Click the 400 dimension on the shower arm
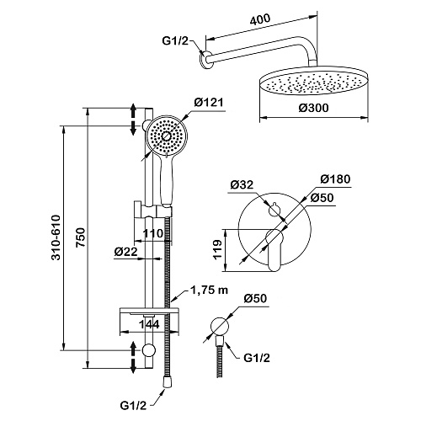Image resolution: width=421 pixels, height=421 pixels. coord(260,19)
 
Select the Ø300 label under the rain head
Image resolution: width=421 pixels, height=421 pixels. coord(313,108)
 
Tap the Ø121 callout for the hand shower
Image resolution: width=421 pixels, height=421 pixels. coord(209,102)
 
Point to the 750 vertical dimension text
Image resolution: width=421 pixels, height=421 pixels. coord(81,237)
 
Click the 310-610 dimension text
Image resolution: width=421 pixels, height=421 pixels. coord(56,237)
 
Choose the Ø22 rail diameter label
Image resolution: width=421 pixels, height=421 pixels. coord(125,252)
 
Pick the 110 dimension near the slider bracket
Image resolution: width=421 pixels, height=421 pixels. coord(153,233)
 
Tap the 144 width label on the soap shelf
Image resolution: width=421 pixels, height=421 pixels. coord(149,324)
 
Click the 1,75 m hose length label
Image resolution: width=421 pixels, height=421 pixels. coord(209,290)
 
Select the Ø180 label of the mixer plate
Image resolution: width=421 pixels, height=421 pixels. coord(336,179)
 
